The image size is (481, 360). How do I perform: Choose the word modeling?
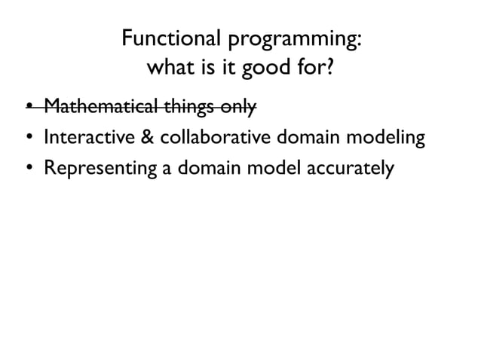tap(381, 139)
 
